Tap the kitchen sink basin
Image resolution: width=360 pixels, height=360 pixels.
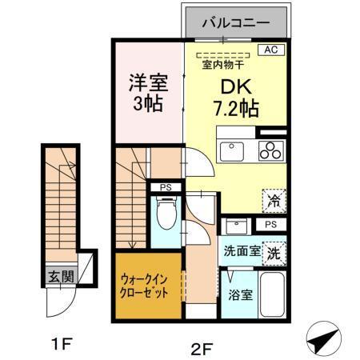click(234, 150)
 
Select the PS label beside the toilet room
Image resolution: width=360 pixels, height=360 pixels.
click(166, 189)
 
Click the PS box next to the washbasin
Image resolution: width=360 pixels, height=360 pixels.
click(271, 225)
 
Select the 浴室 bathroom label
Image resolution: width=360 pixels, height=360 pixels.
click(241, 294)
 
